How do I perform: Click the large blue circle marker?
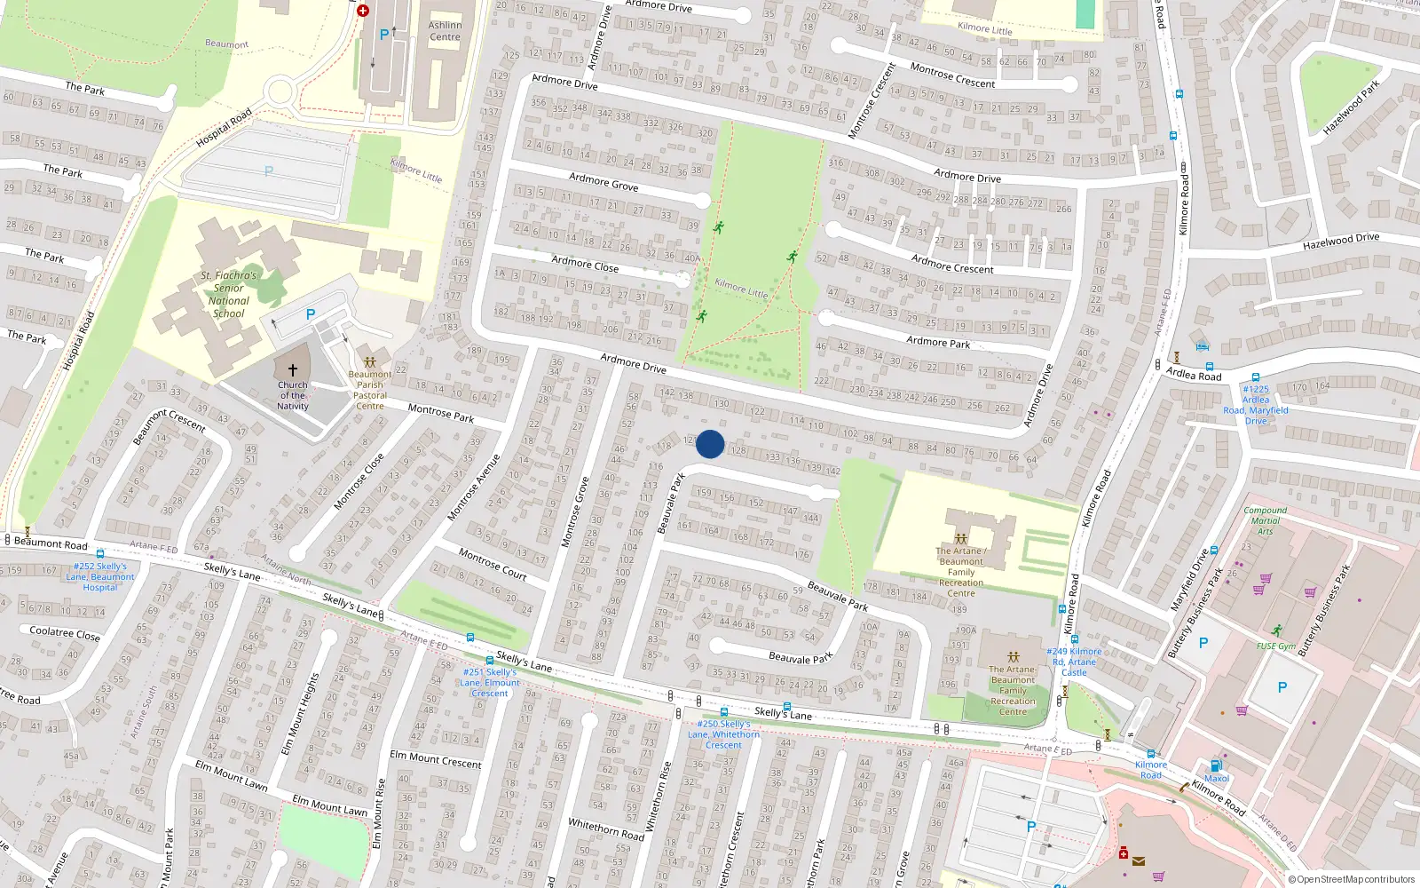[710, 444]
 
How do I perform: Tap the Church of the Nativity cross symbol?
[293, 369]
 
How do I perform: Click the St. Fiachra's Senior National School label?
[228, 294]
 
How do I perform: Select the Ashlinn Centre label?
[445, 31]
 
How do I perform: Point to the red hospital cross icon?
[363, 11]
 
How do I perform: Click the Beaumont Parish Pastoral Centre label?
[370, 390]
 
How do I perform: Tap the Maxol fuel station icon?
[1216, 765]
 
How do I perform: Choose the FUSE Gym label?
[1275, 646]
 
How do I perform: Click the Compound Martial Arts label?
[1266, 520]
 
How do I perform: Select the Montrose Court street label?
[493, 564]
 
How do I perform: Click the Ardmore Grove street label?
[603, 182]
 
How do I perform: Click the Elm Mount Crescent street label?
[436, 759]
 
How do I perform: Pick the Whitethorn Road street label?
[606, 829]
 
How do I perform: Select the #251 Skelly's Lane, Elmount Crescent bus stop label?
[490, 682]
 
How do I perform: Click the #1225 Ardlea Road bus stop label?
[1256, 404]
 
